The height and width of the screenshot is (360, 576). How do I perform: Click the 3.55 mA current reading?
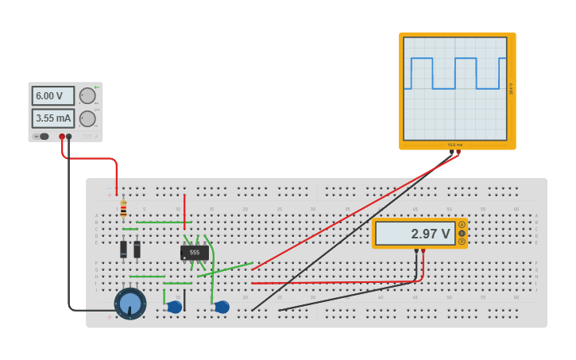pyautogui.click(x=52, y=118)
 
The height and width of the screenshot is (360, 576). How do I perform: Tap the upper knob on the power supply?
pyautogui.click(x=87, y=95)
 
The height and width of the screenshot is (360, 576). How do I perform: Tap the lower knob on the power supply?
pyautogui.click(x=87, y=118)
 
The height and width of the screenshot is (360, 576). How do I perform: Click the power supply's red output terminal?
pyautogui.click(x=62, y=137)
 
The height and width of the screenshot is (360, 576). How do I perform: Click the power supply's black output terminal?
pyautogui.click(x=69, y=137)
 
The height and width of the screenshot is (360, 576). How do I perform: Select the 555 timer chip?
pyautogui.click(x=195, y=252)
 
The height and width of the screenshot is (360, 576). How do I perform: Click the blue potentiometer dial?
pyautogui.click(x=130, y=304)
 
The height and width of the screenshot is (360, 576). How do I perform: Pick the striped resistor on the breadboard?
pyautogui.click(x=123, y=210)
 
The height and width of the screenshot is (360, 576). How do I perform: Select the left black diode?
pyautogui.click(x=123, y=249)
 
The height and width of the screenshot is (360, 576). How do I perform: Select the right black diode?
pyautogui.click(x=137, y=249)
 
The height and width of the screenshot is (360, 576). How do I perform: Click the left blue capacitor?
pyautogui.click(x=175, y=307)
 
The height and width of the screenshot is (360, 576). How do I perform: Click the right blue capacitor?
pyautogui.click(x=222, y=307)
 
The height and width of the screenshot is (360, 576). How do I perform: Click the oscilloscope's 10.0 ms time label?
pyautogui.click(x=454, y=145)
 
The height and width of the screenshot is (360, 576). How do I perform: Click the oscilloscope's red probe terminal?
pyautogui.click(x=458, y=152)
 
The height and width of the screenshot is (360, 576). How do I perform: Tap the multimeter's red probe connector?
pyautogui.click(x=423, y=251)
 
